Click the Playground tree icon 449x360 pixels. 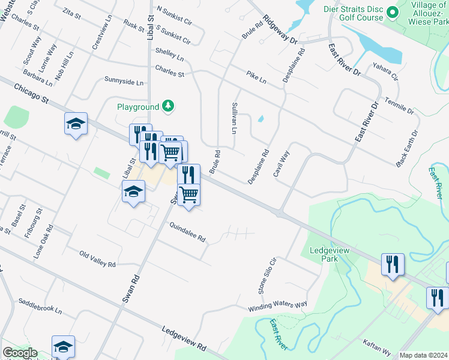tap(169, 107)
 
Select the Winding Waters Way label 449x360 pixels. tap(278, 307)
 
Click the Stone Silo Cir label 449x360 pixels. tap(267, 276)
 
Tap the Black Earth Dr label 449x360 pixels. tap(406, 148)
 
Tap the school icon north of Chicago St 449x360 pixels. tap(76, 124)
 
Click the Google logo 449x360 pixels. tap(20, 353)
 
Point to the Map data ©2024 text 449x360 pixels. tap(423, 355)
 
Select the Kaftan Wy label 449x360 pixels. tap(376, 347)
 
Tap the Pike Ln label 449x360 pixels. tap(256, 77)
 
